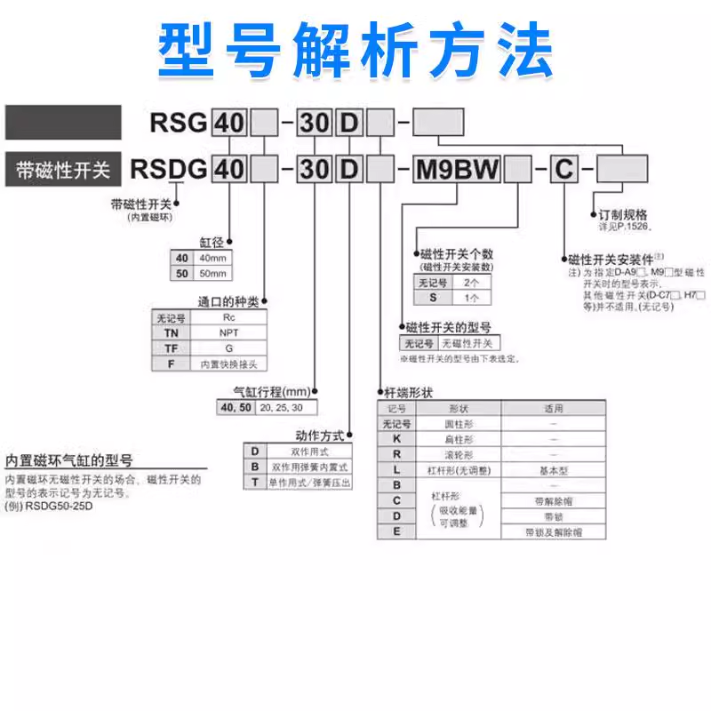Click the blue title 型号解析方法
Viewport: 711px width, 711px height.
click(355, 49)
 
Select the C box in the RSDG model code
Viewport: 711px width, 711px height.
click(563, 168)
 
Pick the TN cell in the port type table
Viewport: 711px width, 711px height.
click(171, 332)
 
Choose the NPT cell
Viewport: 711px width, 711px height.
click(228, 332)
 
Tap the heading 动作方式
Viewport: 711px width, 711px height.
click(321, 435)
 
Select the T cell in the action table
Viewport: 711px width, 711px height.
click(255, 482)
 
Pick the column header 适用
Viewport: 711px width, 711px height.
click(554, 409)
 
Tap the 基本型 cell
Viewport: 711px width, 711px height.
click(554, 469)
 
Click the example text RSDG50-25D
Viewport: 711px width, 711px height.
click(55, 507)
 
